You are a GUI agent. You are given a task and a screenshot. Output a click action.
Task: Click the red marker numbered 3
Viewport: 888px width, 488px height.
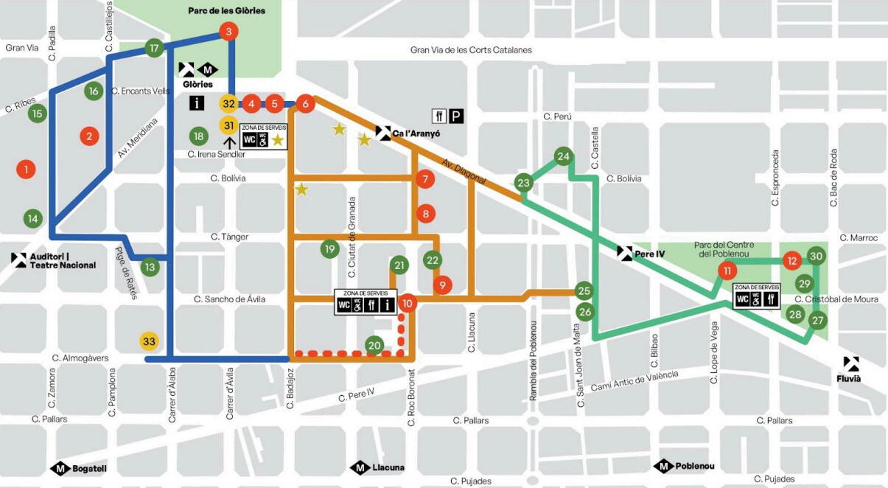point(228,32)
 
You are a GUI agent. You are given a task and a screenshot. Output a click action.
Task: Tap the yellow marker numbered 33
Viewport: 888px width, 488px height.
point(149,341)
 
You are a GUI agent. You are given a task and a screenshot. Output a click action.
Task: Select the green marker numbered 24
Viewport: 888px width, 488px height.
point(564,156)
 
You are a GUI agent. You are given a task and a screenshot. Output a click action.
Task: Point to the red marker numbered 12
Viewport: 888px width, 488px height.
point(792,260)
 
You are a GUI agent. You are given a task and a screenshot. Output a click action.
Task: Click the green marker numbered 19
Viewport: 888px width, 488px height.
point(329,249)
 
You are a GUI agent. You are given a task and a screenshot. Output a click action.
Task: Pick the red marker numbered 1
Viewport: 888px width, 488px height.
point(26,170)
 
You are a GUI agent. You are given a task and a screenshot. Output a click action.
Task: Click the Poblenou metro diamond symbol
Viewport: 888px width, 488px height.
point(663,466)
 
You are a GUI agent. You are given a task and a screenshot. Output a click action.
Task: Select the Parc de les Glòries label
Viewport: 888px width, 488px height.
point(226,11)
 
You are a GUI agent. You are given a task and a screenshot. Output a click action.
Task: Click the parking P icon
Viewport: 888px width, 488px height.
point(458,116)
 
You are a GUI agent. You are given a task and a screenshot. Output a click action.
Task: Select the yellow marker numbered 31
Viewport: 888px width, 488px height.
point(228,125)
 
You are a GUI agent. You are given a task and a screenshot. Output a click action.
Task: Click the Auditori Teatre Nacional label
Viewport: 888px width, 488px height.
point(63,261)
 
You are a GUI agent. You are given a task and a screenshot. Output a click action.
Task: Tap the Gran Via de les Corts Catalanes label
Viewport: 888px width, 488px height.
point(471,50)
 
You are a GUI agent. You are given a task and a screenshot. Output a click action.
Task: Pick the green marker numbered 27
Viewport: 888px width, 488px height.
point(817,321)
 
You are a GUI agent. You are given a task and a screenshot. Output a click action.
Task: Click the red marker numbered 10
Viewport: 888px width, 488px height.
point(408,303)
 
